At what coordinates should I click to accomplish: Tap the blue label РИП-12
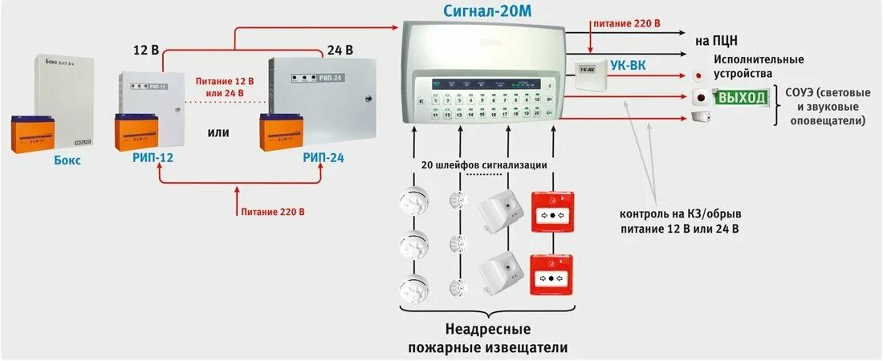click(153, 158)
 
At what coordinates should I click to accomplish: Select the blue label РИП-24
click(323, 158)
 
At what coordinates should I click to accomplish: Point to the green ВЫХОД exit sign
click(742, 98)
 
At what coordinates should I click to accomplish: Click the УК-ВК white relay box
click(590, 70)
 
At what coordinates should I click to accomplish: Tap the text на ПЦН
click(717, 39)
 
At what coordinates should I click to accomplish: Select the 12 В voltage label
click(145, 50)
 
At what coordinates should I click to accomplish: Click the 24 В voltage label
click(340, 50)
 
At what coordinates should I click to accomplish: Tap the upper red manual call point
click(552, 213)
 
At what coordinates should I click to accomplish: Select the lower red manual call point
click(552, 276)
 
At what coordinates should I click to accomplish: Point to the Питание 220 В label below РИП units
click(272, 212)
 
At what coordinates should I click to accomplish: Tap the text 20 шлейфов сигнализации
click(484, 164)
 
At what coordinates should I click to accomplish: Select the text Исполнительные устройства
click(759, 66)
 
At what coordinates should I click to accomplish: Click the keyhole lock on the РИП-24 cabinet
click(368, 99)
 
